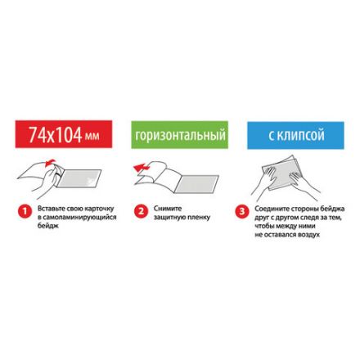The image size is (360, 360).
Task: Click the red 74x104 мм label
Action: click(63, 135)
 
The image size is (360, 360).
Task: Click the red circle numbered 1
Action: click(25, 211)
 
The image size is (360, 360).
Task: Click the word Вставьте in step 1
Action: click(46, 209)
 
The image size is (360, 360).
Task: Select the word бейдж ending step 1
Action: click(44, 224)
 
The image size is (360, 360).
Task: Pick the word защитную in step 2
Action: click(169, 217)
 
